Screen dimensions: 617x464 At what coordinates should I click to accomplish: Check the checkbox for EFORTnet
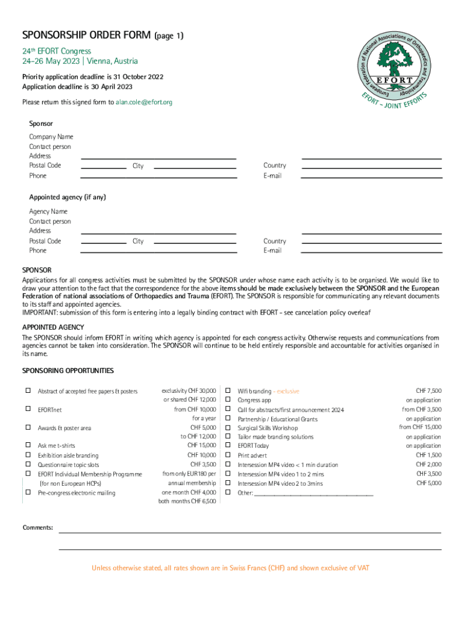point(28,409)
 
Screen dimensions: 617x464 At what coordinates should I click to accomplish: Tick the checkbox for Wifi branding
point(228,391)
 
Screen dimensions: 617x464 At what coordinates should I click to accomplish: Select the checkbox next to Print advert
point(228,456)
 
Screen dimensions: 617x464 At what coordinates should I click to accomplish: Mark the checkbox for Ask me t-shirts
point(28,445)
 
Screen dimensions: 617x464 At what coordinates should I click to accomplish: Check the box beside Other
point(228,492)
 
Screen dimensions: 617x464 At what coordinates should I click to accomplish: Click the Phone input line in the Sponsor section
point(158,177)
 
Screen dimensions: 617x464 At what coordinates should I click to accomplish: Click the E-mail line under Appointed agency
point(371,252)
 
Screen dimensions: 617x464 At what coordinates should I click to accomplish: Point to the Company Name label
point(51,137)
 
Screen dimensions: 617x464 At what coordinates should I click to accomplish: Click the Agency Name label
point(48,211)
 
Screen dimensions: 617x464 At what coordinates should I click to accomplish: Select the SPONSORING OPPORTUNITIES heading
point(67,371)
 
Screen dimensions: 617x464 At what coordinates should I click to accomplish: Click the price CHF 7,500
point(428,391)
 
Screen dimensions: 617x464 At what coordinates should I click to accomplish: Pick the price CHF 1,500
point(428,456)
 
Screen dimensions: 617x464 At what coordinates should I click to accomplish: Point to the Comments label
point(37,528)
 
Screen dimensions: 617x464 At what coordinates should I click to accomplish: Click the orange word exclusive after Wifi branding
point(288,392)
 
